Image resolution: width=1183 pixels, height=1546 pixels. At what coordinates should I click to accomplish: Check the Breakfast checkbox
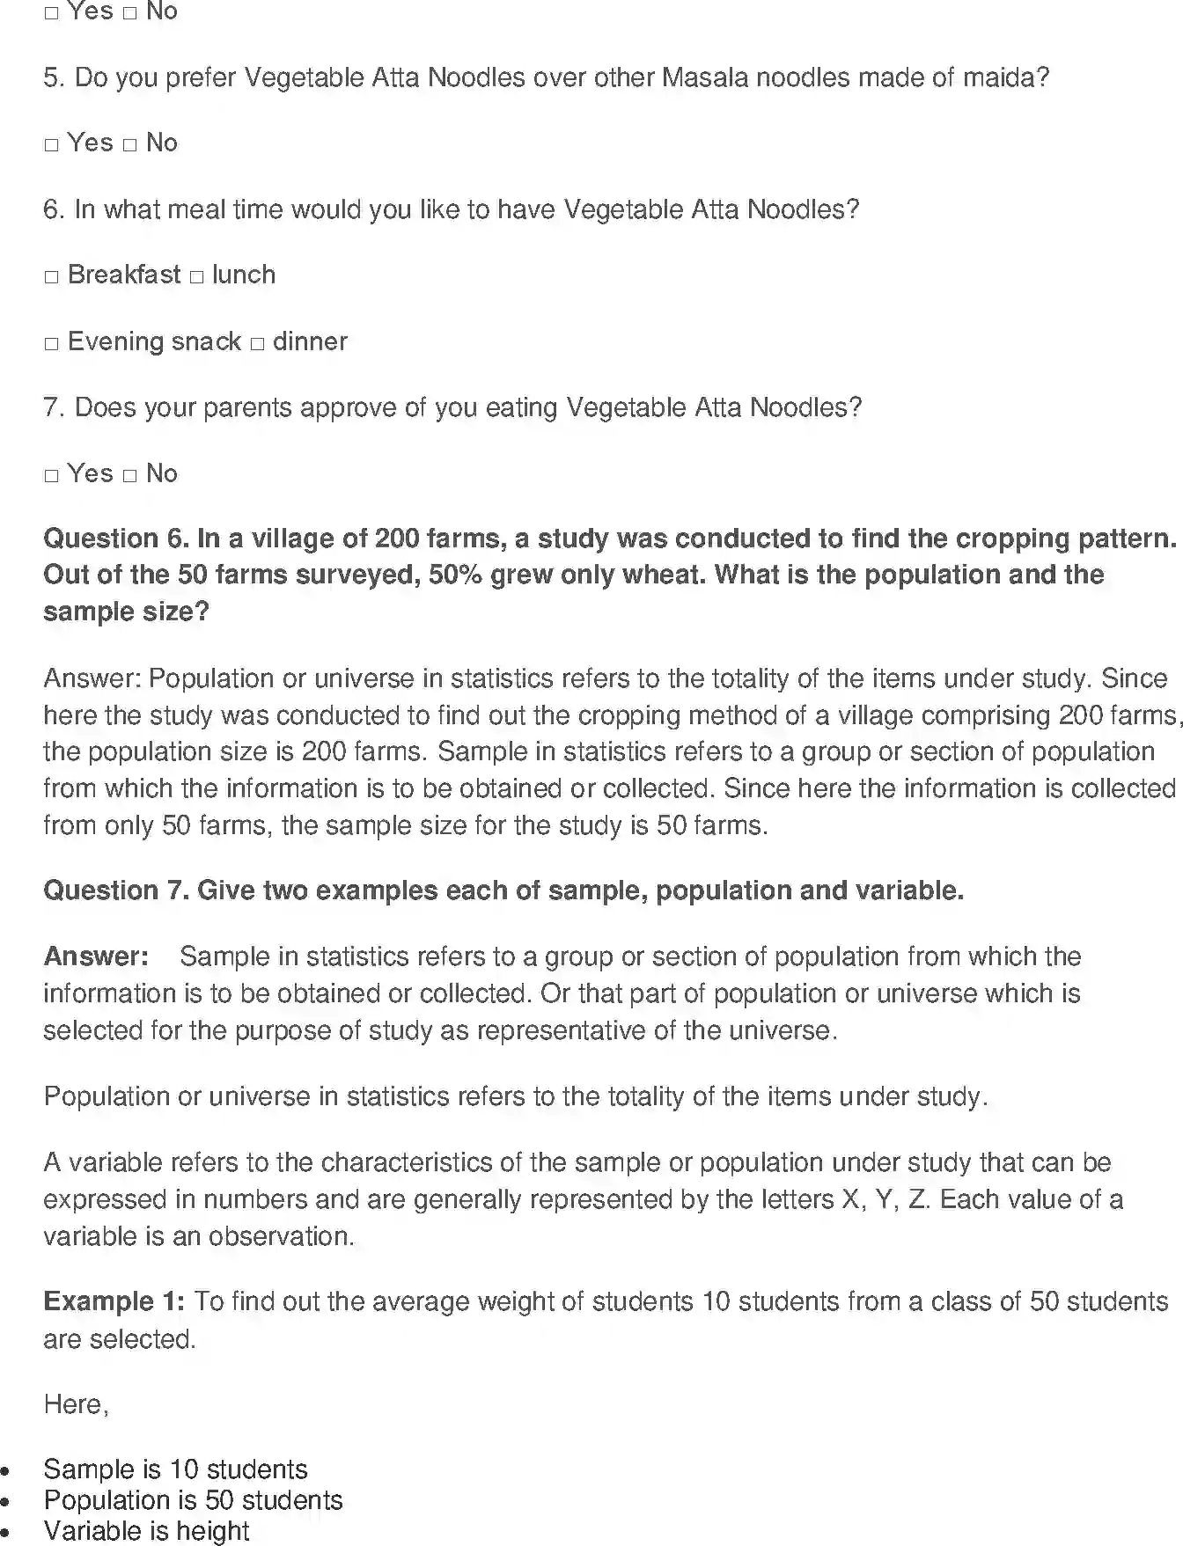pos(51,277)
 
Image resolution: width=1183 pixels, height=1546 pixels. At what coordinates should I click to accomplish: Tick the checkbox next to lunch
pos(196,277)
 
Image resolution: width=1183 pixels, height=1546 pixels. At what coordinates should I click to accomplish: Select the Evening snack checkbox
pos(51,344)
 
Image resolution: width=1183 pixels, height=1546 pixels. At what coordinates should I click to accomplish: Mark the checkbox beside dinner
pos(256,344)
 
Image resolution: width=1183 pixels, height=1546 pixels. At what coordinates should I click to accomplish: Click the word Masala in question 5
pos(704,77)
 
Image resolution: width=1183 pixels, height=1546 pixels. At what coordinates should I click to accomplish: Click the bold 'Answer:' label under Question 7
pos(96,956)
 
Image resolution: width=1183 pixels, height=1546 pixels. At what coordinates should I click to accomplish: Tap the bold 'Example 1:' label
pos(114,1301)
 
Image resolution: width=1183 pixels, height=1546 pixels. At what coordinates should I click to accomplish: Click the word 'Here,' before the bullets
pos(76,1404)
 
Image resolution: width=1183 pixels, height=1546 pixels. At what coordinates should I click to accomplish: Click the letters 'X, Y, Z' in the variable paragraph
pos(884,1199)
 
